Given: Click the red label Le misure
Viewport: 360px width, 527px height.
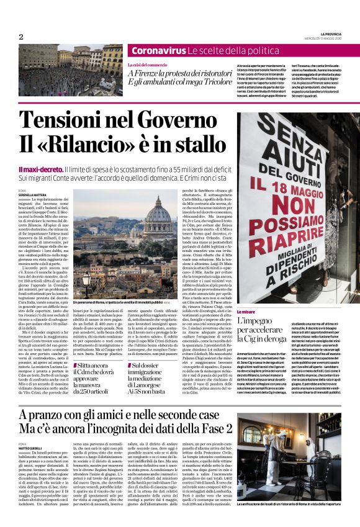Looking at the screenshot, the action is [x=245, y=313].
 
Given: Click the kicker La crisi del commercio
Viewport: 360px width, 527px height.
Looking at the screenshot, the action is [x=146, y=65].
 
